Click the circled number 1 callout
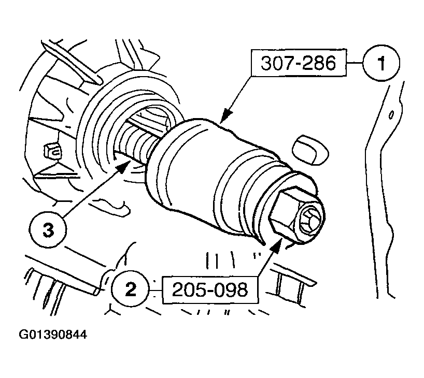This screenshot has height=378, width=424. coord(380,64)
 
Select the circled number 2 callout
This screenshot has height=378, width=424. coord(129,288)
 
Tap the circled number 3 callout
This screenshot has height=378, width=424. coord(48,230)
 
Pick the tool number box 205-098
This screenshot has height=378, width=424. coord(210,289)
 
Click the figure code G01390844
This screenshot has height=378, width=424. coord(53,335)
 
